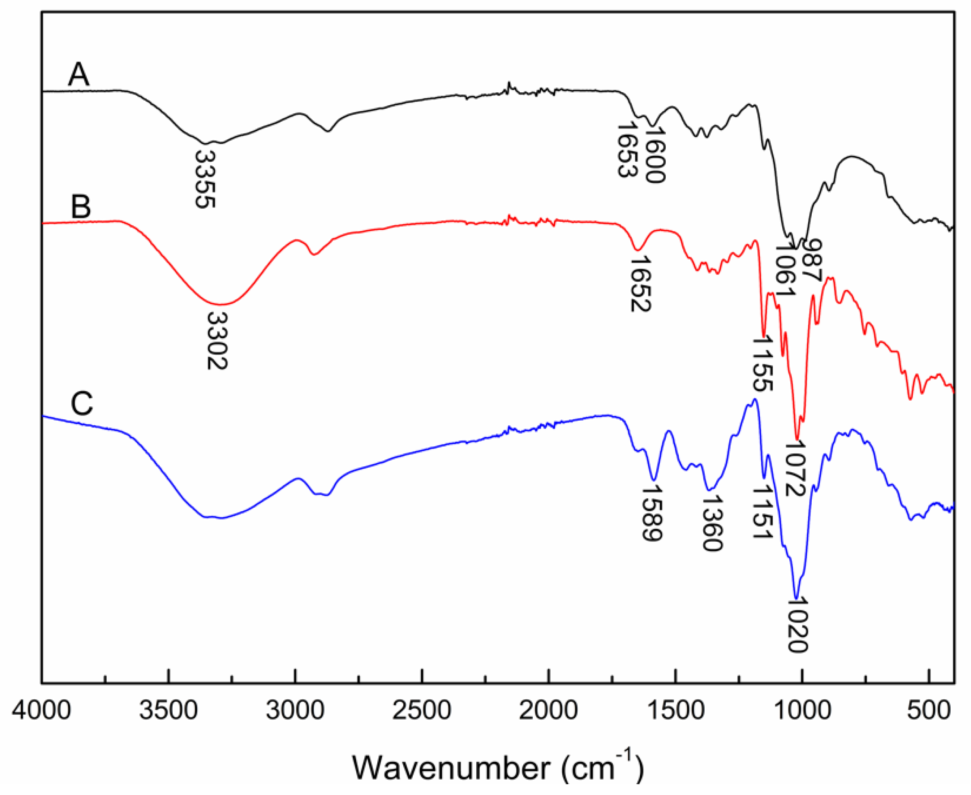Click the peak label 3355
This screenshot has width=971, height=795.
205,179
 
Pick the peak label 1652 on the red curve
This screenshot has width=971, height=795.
640,284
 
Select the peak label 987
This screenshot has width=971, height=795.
813,262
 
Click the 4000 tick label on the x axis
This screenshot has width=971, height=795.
41,712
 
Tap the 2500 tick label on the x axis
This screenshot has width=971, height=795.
422,712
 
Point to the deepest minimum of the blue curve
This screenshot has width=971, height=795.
797,598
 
